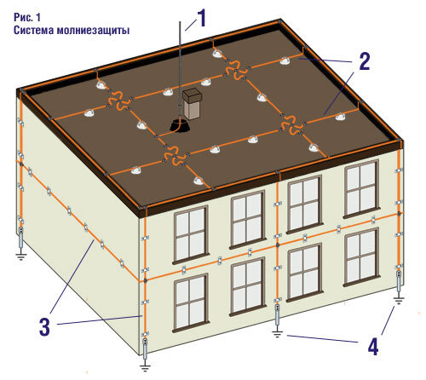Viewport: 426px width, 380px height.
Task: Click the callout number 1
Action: tap(201, 18)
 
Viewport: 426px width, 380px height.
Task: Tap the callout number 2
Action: tap(365, 61)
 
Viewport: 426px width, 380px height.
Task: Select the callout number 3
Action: tap(44, 327)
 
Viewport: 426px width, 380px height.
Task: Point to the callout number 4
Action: tap(373, 346)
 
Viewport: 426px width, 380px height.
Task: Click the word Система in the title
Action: tap(33, 30)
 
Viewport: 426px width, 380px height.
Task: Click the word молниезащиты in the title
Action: tap(93, 31)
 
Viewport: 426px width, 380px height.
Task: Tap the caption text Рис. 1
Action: tap(27, 17)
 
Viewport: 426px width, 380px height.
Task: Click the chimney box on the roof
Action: tap(192, 104)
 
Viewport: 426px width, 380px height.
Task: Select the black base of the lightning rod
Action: tap(179, 126)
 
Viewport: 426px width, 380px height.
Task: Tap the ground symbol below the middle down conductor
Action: tap(277, 334)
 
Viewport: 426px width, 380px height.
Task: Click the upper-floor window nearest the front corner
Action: tap(191, 234)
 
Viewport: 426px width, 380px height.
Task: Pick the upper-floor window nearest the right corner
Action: tap(361, 188)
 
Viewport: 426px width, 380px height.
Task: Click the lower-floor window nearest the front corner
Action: tap(191, 302)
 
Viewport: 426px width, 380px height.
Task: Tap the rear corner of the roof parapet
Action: tap(280, 22)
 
